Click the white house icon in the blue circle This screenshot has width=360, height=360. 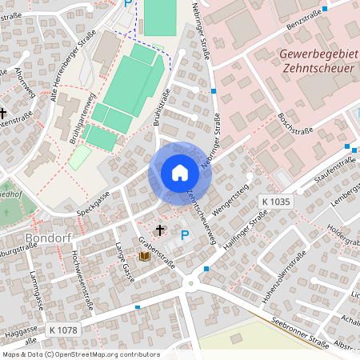coord(180,172)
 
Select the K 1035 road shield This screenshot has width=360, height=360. coord(275,202)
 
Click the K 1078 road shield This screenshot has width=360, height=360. coord(62,329)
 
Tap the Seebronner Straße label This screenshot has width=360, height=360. coord(300,333)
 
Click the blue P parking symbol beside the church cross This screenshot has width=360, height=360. coord(186,234)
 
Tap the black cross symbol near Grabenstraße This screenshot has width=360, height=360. coord(159,230)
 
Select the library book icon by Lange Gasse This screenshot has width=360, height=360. coord(144,256)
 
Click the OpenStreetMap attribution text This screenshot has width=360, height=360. coord(80,354)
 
